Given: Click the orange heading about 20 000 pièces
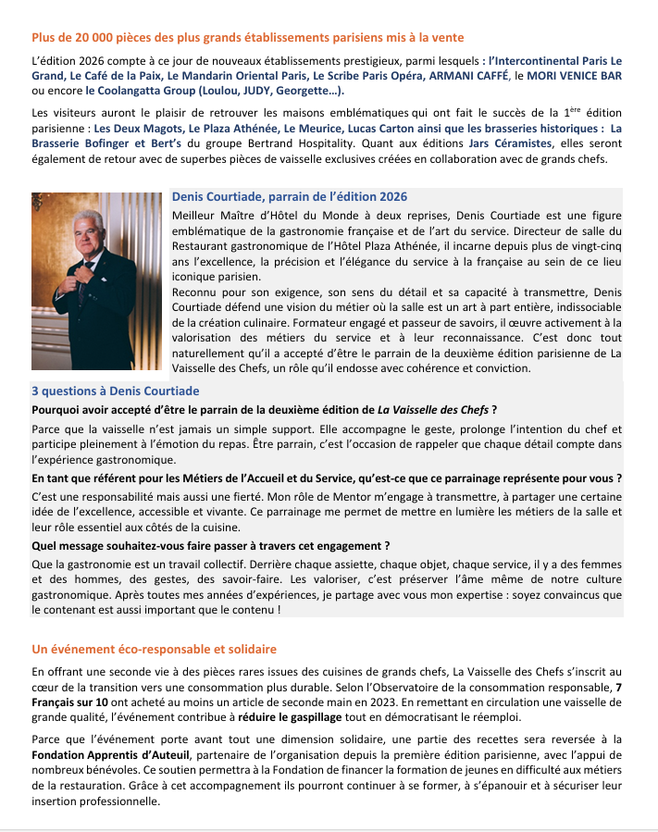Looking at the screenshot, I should (x=247, y=38).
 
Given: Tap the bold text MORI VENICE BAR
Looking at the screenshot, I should (x=575, y=75).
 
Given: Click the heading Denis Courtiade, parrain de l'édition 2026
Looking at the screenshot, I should (x=290, y=197).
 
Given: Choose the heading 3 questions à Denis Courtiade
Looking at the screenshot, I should (x=116, y=391).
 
